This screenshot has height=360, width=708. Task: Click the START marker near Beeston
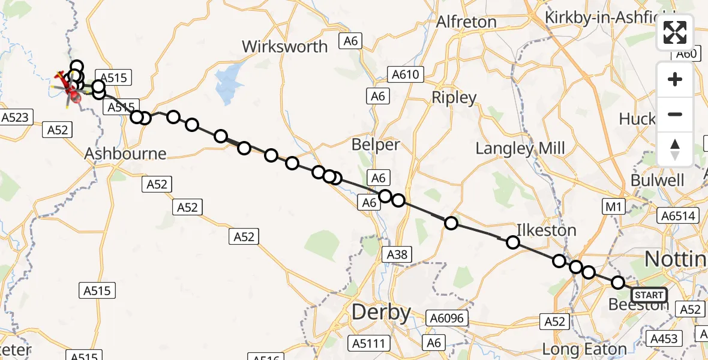[649, 295]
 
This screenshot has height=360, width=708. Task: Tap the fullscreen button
[675, 32]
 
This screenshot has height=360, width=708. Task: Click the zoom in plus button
[675, 79]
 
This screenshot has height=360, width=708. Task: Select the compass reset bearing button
[675, 149]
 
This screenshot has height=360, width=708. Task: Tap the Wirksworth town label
[285, 47]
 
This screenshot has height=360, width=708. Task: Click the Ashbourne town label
[125, 154]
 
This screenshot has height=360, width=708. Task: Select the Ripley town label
[454, 98]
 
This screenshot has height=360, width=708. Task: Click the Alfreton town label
[466, 22]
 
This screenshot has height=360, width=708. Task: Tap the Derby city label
[382, 313]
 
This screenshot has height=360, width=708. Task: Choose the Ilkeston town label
[547, 230]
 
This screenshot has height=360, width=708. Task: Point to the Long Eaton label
[584, 349]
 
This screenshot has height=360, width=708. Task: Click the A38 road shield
[397, 254]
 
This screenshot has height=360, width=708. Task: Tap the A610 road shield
[406, 75]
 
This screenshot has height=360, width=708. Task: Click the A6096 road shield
[445, 318]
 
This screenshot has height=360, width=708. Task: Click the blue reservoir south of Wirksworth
[227, 84]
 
